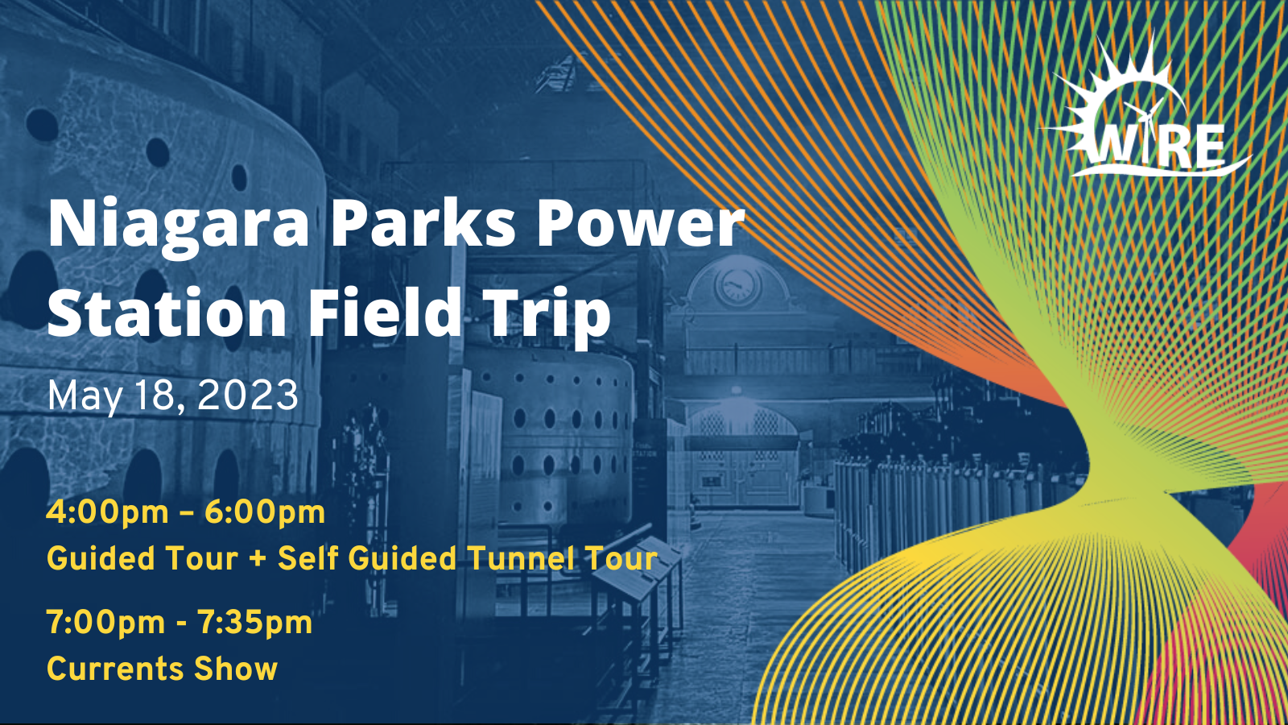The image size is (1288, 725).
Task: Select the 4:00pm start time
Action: coord(107,512)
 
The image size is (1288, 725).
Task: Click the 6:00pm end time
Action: coord(265,512)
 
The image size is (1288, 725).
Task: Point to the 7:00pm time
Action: coord(105,623)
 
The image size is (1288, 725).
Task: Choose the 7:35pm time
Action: coord(254,623)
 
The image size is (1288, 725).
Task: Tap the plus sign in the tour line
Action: coord(258,559)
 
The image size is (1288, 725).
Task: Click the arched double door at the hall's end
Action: coord(741,459)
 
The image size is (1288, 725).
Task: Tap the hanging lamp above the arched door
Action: coord(734,395)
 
